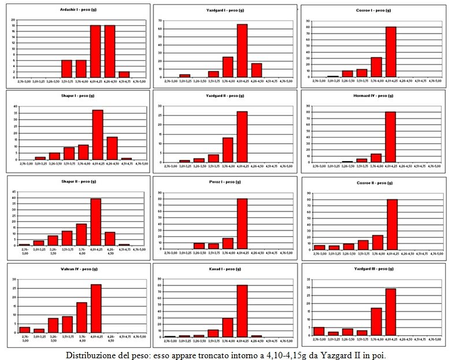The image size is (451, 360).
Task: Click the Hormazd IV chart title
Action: pos(372,95)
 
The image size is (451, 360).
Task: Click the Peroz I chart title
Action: pos(224,182)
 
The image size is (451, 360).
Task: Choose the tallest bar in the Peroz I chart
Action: pos(242,224)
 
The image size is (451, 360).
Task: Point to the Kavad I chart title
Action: pos(224,269)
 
